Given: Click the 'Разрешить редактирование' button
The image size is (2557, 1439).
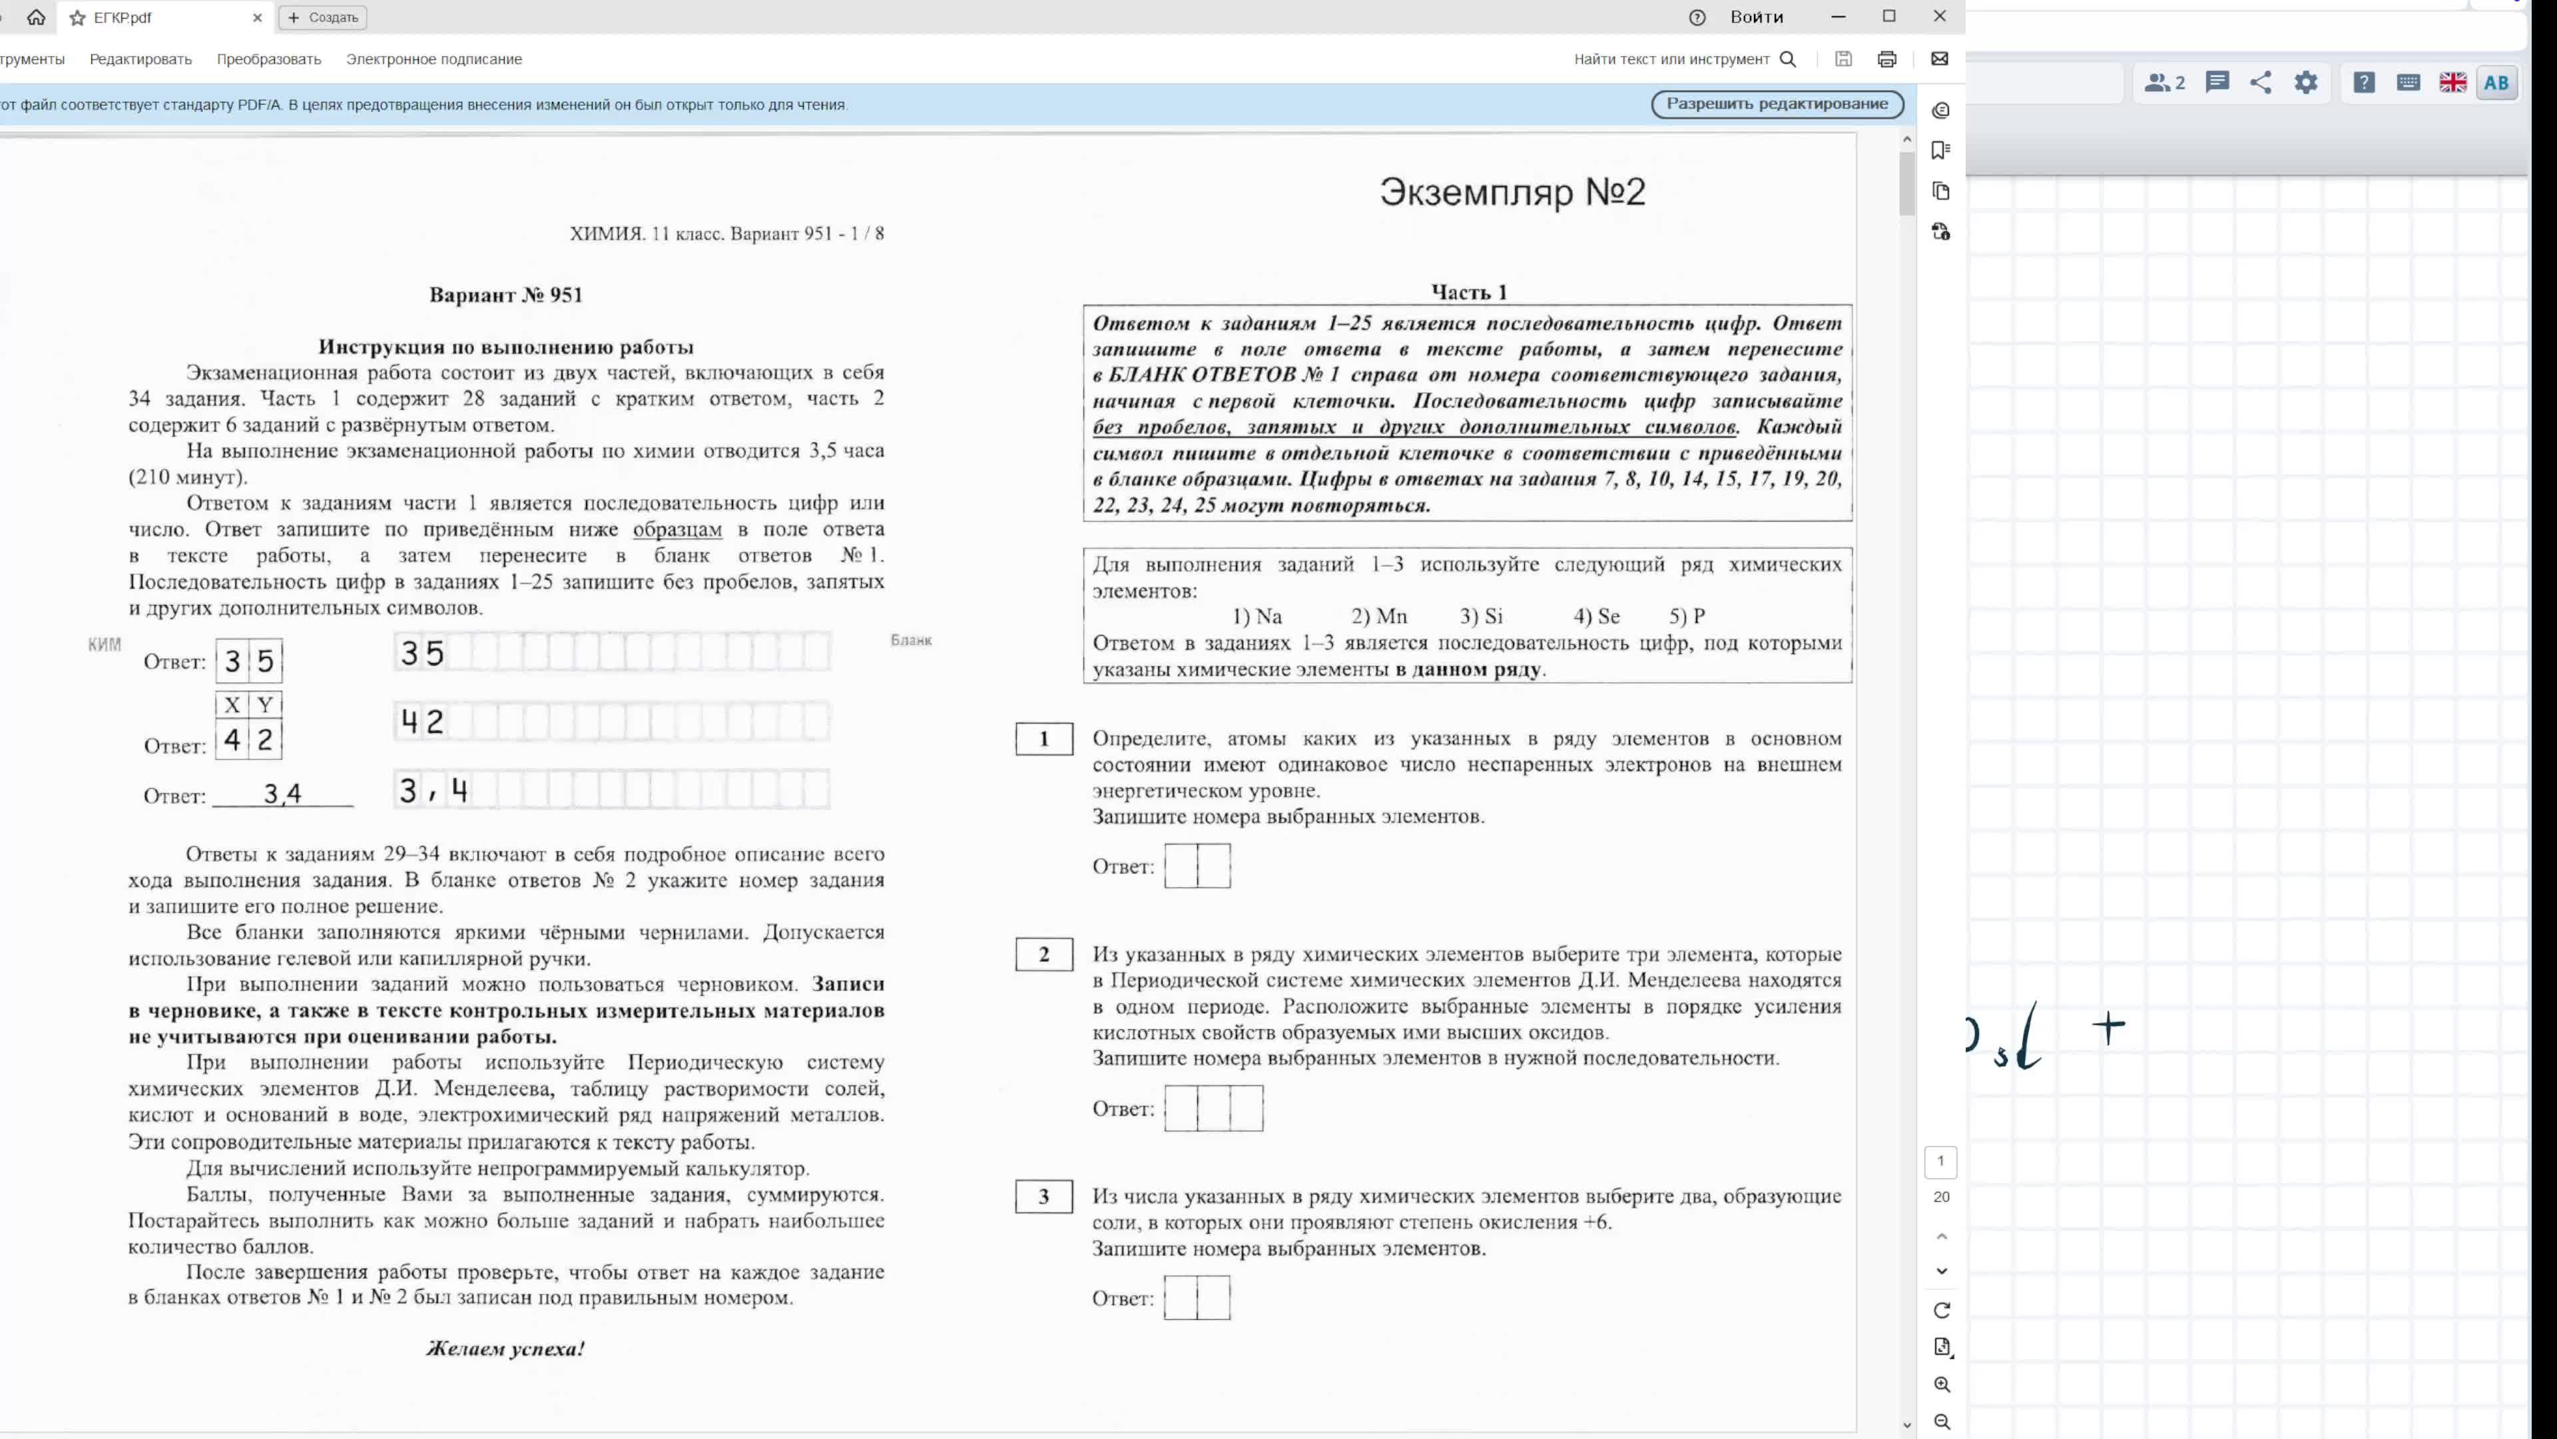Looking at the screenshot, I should (1777, 105).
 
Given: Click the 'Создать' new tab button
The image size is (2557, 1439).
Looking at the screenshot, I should (324, 18).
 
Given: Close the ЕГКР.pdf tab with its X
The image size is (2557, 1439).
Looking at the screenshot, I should (257, 18).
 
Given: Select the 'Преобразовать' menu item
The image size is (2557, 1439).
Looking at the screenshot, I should (269, 59).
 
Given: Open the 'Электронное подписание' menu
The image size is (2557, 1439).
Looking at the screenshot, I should (433, 59).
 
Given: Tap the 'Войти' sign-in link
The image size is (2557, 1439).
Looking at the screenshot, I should (1756, 17).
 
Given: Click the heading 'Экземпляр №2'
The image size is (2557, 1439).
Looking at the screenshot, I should (1512, 192).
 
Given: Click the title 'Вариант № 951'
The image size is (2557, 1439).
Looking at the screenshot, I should (505, 295).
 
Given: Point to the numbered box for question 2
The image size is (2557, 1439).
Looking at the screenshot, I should (1043, 955).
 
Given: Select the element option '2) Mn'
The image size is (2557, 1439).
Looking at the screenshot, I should (1379, 617).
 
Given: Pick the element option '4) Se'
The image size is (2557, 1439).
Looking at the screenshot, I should (1596, 617).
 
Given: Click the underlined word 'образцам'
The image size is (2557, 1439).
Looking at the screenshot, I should (677, 530).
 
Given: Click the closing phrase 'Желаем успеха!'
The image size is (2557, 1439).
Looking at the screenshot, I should (505, 1348).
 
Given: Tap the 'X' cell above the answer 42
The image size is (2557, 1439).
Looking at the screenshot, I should (232, 705).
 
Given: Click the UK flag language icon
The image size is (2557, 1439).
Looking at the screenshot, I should (2452, 83).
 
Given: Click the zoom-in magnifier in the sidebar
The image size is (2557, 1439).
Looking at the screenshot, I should (1942, 1384).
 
